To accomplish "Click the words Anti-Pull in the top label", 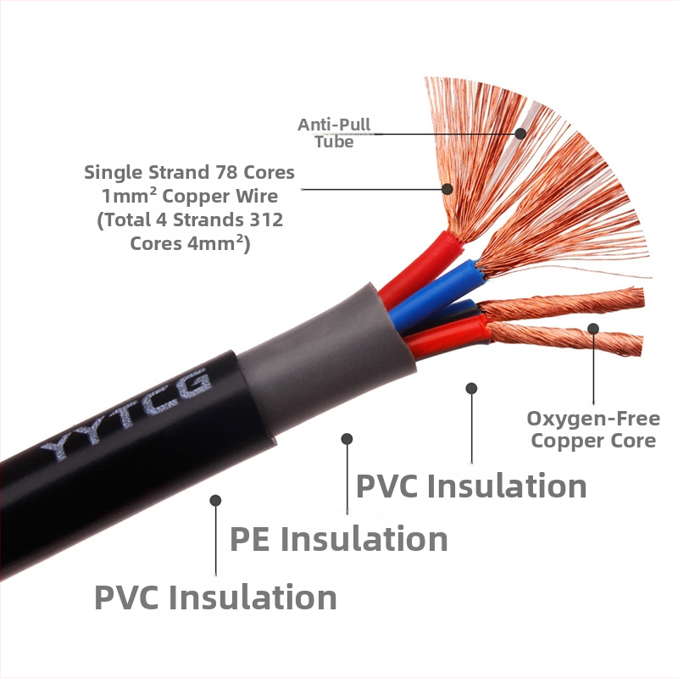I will click(x=334, y=125).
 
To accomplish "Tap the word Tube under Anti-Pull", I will click(x=334, y=142).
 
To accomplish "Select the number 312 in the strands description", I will click(x=265, y=220).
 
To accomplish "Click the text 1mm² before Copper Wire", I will click(x=129, y=196).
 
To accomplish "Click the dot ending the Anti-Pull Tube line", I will click(x=520, y=133).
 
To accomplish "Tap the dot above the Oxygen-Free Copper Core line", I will click(x=593, y=328).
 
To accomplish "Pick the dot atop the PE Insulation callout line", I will click(x=347, y=438).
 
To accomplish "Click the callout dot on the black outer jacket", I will click(x=215, y=500).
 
